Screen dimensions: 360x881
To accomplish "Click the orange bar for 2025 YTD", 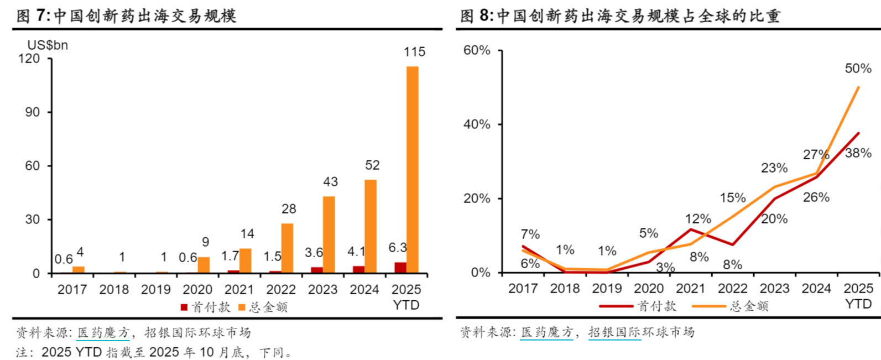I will pyautogui.click(x=412, y=169).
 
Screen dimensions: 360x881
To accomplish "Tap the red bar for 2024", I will pyautogui.click(x=358, y=269).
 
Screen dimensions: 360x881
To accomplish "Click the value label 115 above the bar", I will pyautogui.click(x=414, y=52).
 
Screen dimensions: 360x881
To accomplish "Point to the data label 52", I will pyautogui.click(x=372, y=165).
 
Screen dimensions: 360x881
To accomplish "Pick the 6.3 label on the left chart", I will pyautogui.click(x=398, y=248).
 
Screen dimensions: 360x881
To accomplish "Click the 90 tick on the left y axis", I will pyautogui.click(x=33, y=112).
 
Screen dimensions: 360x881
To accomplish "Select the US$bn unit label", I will pyautogui.click(x=48, y=45).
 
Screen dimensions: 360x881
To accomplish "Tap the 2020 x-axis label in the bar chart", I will pyautogui.click(x=197, y=290).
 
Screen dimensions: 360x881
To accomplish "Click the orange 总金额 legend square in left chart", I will pyautogui.click(x=242, y=307).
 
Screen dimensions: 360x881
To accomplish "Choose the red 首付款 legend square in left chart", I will pyautogui.click(x=184, y=307).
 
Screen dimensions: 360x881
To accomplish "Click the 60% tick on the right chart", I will pyautogui.click(x=477, y=50).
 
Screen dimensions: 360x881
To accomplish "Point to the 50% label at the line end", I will pyautogui.click(x=858, y=69).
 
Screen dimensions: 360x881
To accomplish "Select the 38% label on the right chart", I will pyautogui.click(x=858, y=153).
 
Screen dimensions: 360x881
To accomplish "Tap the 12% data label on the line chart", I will pyautogui.click(x=698, y=219).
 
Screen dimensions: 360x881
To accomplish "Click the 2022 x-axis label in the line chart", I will pyautogui.click(x=732, y=289).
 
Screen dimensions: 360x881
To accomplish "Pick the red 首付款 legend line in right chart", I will pyautogui.click(x=616, y=306).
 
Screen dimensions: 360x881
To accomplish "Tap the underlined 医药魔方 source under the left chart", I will pyautogui.click(x=103, y=332).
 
